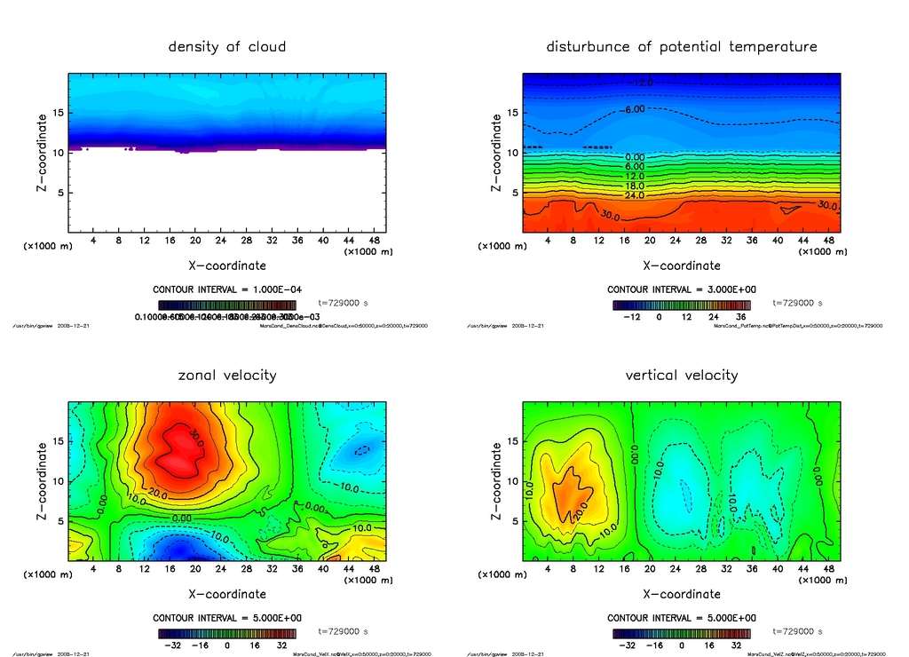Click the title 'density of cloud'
coord(227,46)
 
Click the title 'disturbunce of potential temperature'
coord(682,46)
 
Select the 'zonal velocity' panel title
coord(227,375)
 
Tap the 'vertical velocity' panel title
coord(682,375)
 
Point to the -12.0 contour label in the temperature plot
coord(641,83)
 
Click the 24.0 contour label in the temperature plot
coord(634,195)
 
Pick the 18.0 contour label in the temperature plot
coord(634,186)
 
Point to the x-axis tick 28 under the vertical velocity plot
coord(702,569)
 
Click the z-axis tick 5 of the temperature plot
coord(510,193)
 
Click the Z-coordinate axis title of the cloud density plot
coord(41,153)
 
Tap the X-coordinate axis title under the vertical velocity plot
coord(682,593)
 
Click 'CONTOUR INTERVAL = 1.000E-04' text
coord(227,289)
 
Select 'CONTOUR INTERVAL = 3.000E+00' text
coord(682,289)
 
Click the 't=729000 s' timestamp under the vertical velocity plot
coord(797,631)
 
